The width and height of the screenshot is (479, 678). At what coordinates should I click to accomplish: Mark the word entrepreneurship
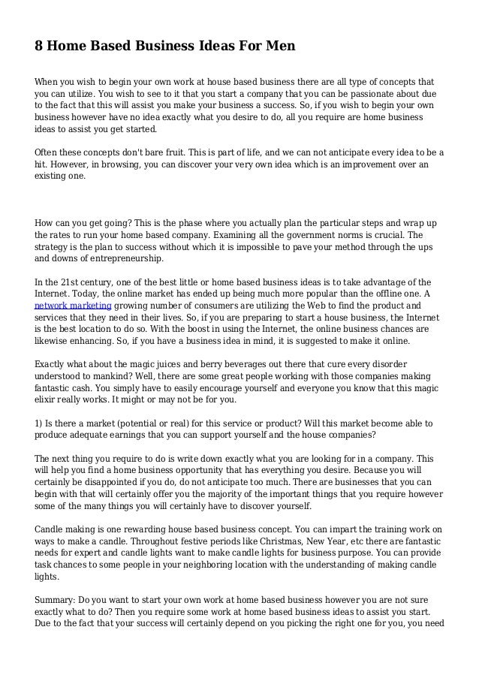[125, 259]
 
